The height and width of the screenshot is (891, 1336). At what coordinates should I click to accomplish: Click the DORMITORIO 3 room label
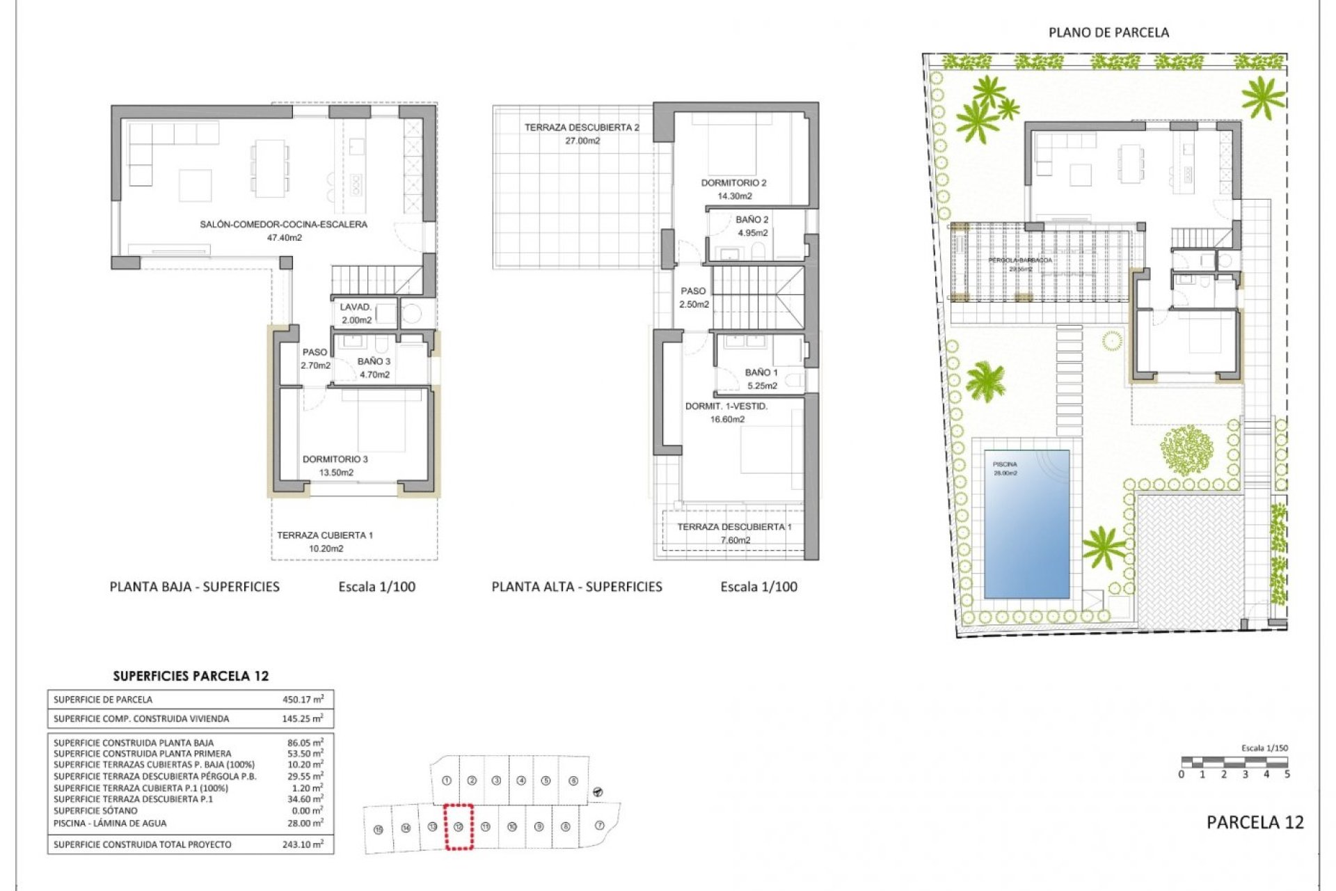(335, 459)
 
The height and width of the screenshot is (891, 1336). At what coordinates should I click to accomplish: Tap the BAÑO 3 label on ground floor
(374, 361)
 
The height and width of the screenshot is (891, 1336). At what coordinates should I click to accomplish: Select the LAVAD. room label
(356, 307)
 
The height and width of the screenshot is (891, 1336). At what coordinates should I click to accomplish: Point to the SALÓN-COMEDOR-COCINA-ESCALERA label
(283, 224)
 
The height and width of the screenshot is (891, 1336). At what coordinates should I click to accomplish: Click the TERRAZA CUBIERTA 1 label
(325, 535)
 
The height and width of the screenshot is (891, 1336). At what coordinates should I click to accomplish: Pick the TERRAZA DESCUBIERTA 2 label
(582, 127)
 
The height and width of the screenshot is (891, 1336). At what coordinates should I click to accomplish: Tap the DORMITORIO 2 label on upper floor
(733, 183)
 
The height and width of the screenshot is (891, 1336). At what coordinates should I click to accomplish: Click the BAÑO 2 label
(752, 220)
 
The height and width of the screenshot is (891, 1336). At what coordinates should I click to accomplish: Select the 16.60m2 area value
(727, 419)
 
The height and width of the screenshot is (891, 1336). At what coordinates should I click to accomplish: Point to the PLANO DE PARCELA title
(1108, 33)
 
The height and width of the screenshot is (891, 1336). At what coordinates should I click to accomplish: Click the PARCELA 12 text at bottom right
(1255, 822)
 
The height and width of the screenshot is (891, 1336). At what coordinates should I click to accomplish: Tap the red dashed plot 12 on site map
(459, 827)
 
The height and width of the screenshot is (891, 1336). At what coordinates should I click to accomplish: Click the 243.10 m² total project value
(305, 844)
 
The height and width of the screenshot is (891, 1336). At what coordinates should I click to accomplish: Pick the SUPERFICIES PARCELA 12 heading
(191, 676)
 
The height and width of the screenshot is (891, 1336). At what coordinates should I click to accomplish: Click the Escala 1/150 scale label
(1264, 748)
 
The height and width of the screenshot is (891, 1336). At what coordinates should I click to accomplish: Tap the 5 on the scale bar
(1287, 774)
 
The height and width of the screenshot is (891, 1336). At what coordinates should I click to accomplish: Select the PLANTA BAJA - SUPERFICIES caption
(194, 587)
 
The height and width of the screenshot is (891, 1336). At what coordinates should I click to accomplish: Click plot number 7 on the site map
(600, 826)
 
